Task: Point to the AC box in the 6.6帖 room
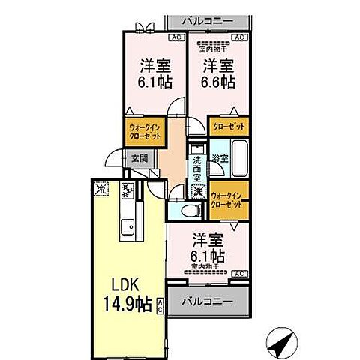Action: point(240,37)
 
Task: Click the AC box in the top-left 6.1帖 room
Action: point(175,37)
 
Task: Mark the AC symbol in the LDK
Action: point(160,304)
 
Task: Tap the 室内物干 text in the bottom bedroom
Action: point(205,265)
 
